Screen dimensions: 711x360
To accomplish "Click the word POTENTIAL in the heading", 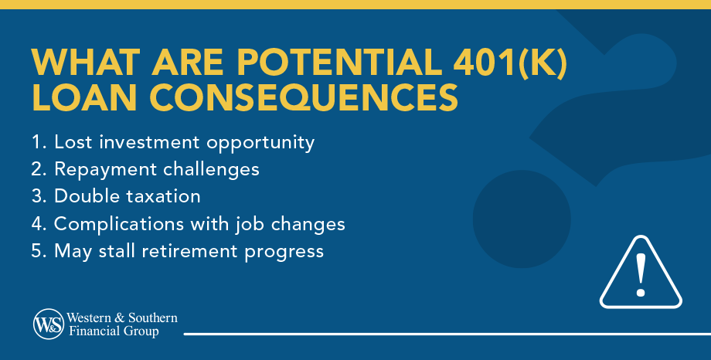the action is coord(339,61).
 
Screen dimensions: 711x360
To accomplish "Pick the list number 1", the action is coord(37,142).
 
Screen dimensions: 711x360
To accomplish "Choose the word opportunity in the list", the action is coord(260,143).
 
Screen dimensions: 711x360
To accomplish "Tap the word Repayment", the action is coord(105,170).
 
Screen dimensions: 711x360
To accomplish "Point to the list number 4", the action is coord(37,224).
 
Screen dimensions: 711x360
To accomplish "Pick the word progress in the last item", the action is coord(284,253).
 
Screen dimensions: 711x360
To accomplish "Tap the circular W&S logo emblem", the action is coord(49,324).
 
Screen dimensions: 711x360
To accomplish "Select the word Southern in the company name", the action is coord(153,318).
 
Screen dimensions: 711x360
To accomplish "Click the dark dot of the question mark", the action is coord(522,219).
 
